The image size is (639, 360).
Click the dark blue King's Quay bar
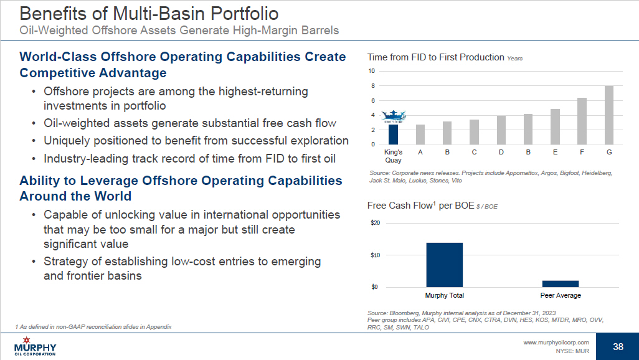coord(393,135)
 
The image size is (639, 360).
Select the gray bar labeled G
coord(609,115)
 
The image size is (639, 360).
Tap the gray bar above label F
coord(582,121)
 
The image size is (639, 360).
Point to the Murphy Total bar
coord(444,265)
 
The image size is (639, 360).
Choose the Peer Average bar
coord(561,284)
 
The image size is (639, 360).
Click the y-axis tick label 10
coord(371,71)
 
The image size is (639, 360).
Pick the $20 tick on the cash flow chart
coord(375,223)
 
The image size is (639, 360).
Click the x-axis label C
coord(474,152)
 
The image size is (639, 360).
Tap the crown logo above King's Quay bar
coord(393,116)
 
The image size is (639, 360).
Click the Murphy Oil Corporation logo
coord(35,346)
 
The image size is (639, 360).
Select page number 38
coord(618,346)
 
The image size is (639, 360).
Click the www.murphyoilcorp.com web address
coord(556,343)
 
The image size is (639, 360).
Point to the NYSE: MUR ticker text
coord(572,351)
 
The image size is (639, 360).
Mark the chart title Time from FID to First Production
coord(435,57)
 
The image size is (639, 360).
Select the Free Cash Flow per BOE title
coord(420,206)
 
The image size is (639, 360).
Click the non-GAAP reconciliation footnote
coord(93,327)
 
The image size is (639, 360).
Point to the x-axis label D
coord(501,152)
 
